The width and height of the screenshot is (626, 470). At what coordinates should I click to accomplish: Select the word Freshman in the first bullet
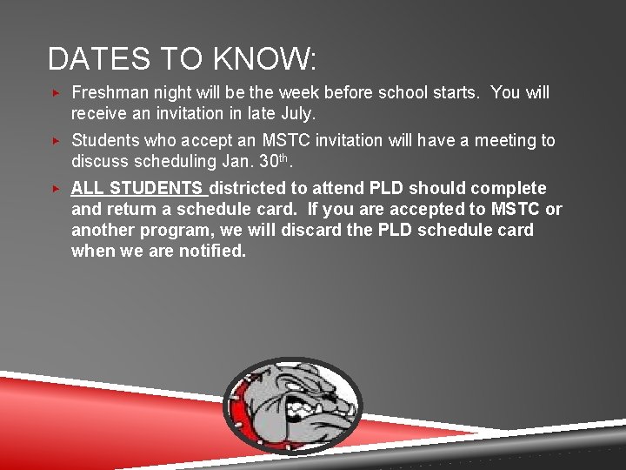coord(110,92)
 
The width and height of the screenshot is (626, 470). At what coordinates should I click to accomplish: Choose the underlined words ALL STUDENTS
coord(137,188)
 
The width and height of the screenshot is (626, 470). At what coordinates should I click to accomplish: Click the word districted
coord(253,188)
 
